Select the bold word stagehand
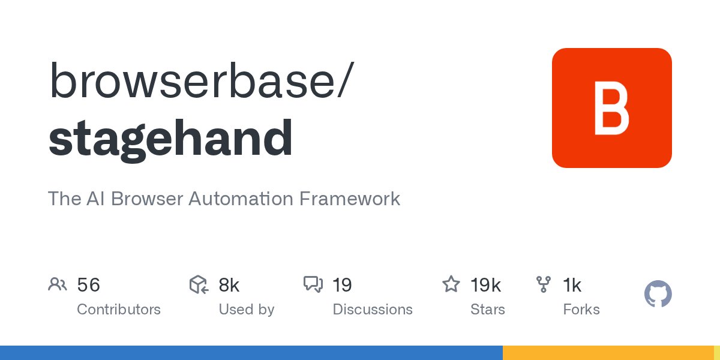[x=170, y=139]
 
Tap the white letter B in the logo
[x=611, y=109]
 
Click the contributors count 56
[x=88, y=285]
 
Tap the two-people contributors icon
[x=58, y=284]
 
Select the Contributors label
[x=119, y=310]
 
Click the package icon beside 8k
[x=199, y=284]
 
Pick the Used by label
[x=246, y=310]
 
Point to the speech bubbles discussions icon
[x=313, y=284]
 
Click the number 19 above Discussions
[x=342, y=285]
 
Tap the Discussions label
[x=373, y=310]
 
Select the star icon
[x=451, y=284]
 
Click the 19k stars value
[x=485, y=285]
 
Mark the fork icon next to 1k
[x=544, y=284]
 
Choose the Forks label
[x=581, y=310]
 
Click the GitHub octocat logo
[x=658, y=295]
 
